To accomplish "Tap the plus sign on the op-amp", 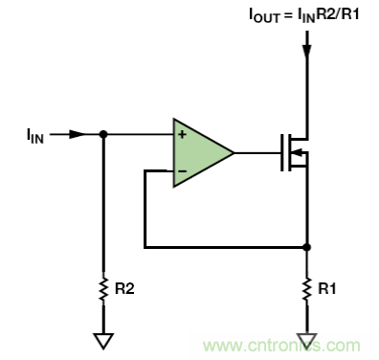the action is [182, 134].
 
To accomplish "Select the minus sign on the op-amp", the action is [182, 171].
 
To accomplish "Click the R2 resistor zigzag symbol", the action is [103, 289].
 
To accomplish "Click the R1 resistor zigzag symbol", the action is [306, 289].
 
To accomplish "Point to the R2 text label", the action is [124, 289].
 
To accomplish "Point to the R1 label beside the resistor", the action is [327, 289].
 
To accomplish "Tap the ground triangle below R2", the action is [103, 341].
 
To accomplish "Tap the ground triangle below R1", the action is [306, 341].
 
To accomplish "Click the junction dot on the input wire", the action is [103, 134].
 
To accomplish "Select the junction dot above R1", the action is [306, 247].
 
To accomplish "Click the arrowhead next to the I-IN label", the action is [78, 134].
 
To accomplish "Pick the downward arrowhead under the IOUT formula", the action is [307, 52].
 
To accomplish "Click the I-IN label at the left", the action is [35, 136].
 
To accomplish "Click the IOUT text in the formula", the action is [264, 15].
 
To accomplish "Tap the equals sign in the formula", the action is [288, 14].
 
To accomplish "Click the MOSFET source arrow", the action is [297, 153].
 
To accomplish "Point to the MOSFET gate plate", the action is [282, 153].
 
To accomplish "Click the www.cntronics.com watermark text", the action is [282, 346].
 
